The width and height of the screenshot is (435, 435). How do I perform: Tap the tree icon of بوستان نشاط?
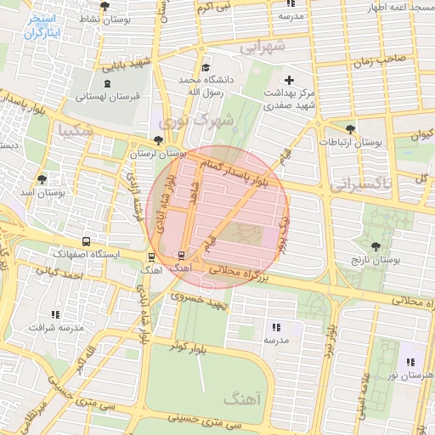pyautogui.click(x=105, y=6)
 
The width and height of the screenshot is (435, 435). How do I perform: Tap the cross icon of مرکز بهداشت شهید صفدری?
pyautogui.click(x=289, y=80)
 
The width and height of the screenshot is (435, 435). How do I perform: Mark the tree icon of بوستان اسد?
pyautogui.click(x=42, y=179)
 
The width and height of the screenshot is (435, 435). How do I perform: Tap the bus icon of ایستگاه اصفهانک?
pyautogui.click(x=85, y=242)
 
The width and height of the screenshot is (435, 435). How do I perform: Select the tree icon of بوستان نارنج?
pyautogui.click(x=376, y=246)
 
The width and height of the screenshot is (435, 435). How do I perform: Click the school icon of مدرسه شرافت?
pyautogui.click(x=56, y=315)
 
